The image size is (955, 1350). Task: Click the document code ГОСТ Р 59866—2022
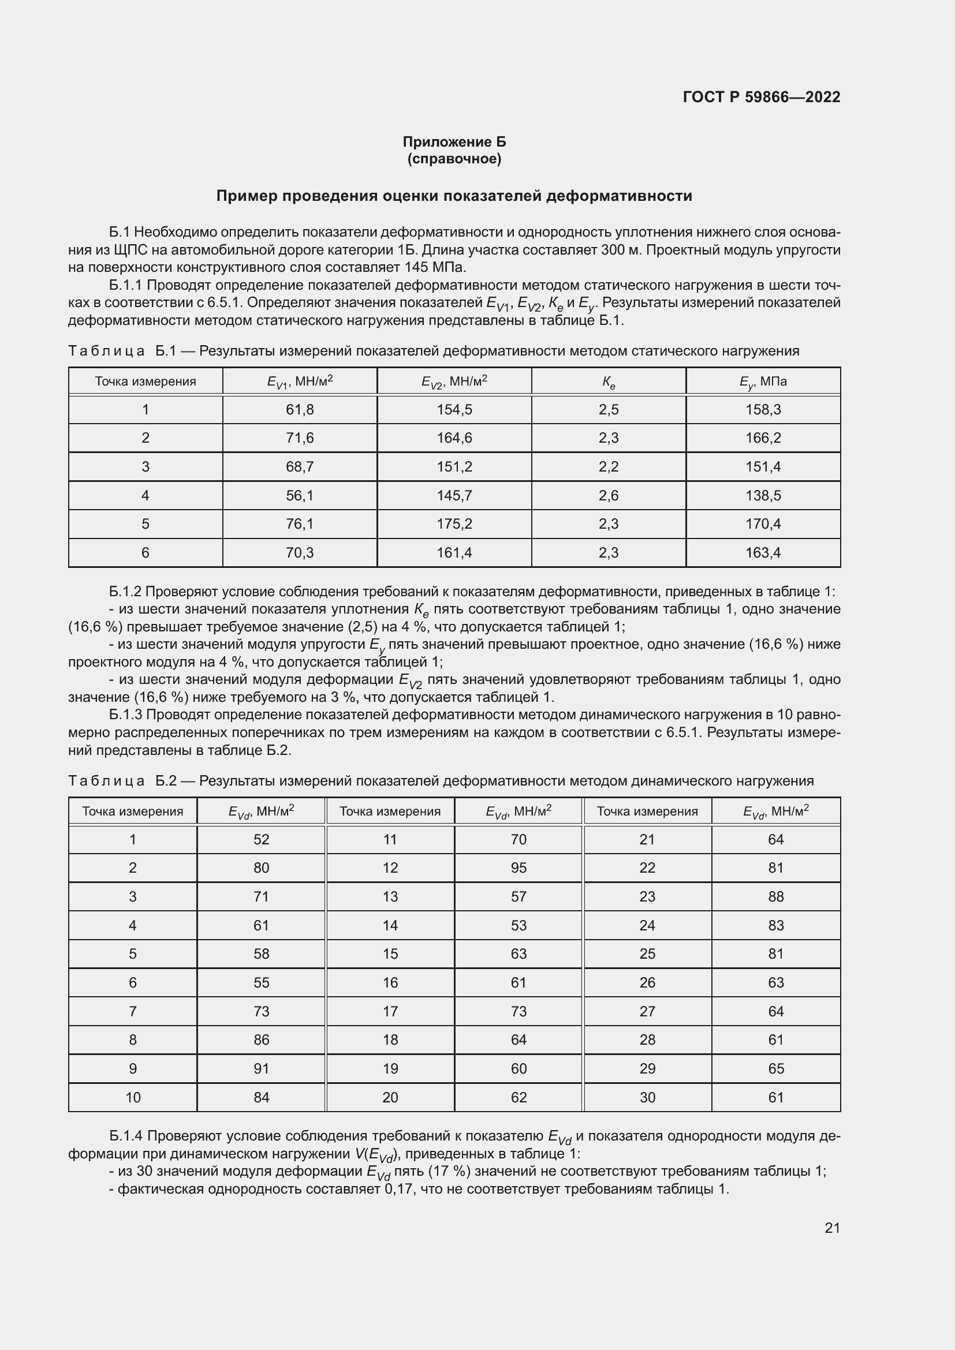pos(762,98)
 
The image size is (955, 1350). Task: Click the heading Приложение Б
pos(454,142)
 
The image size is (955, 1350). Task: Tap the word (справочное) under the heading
pos(454,159)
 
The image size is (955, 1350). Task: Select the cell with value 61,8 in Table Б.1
pos(299,409)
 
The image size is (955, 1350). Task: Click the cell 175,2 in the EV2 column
pos(454,523)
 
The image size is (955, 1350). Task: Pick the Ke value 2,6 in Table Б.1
pos(608,495)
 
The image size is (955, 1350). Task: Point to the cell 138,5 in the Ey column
pos(763,495)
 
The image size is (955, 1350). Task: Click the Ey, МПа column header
pos(763,382)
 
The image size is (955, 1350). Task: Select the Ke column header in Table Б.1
pos(608,382)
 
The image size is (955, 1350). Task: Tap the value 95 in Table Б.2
pos(518,867)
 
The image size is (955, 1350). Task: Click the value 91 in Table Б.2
pos(261,1068)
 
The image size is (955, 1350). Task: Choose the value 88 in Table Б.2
pos(775,896)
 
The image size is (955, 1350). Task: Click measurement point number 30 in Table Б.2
pos(647,1097)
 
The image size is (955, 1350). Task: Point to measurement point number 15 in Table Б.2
pos(390,953)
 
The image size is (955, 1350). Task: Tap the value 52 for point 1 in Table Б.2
pos(261,839)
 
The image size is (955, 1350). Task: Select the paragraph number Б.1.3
pos(126,715)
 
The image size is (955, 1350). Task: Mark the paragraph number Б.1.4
pos(126,1136)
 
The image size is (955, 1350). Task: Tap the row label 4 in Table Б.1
pos(146,495)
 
